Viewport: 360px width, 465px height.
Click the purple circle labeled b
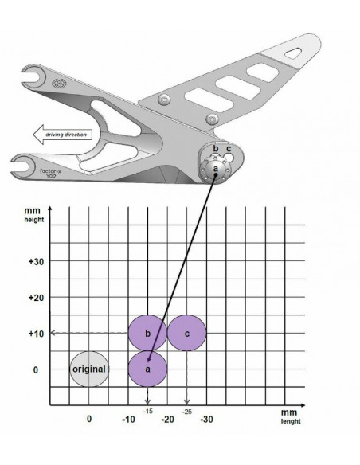click(x=147, y=333)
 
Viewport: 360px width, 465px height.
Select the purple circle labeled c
click(x=186, y=333)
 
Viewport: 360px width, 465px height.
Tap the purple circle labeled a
click(x=147, y=370)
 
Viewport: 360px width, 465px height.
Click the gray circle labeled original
click(x=88, y=370)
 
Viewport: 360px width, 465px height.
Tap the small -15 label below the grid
click(x=147, y=410)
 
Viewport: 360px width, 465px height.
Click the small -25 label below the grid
click(x=186, y=410)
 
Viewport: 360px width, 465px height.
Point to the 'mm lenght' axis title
click(x=288, y=418)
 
